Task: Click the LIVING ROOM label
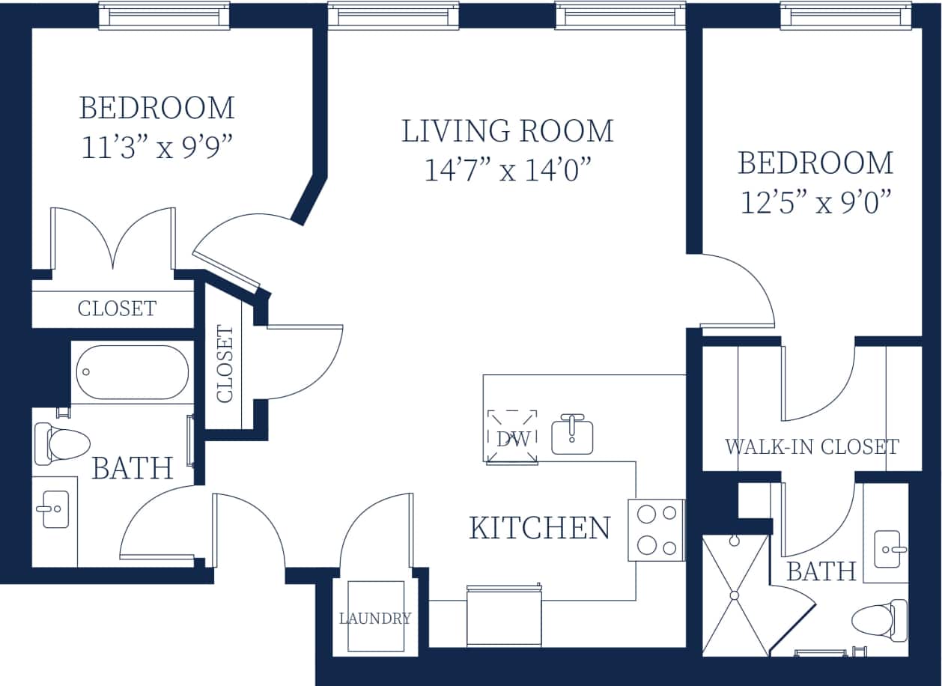[508, 131]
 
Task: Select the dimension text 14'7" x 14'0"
[508, 171]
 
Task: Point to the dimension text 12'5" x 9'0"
[815, 202]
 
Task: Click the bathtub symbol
[132, 372]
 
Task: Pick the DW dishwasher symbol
[512, 437]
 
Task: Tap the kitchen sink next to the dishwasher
[572, 435]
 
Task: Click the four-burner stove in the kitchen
[655, 529]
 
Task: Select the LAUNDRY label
[374, 619]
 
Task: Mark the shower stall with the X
[735, 595]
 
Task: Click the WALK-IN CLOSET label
[812, 447]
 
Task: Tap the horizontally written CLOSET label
[117, 309]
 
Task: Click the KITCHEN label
[539, 528]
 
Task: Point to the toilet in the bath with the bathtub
[61, 443]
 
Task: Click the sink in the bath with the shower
[888, 549]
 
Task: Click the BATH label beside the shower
[821, 572]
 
